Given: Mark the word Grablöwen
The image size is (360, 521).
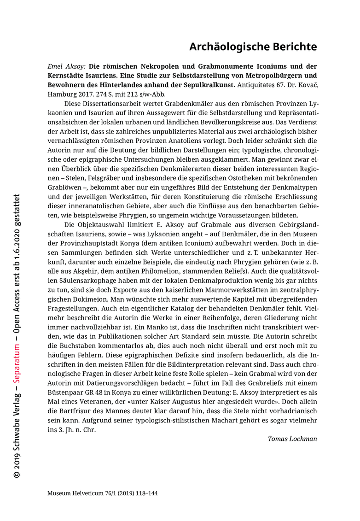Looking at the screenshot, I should click(x=64, y=188).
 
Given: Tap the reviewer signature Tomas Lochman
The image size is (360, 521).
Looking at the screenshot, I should click(x=292, y=439).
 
